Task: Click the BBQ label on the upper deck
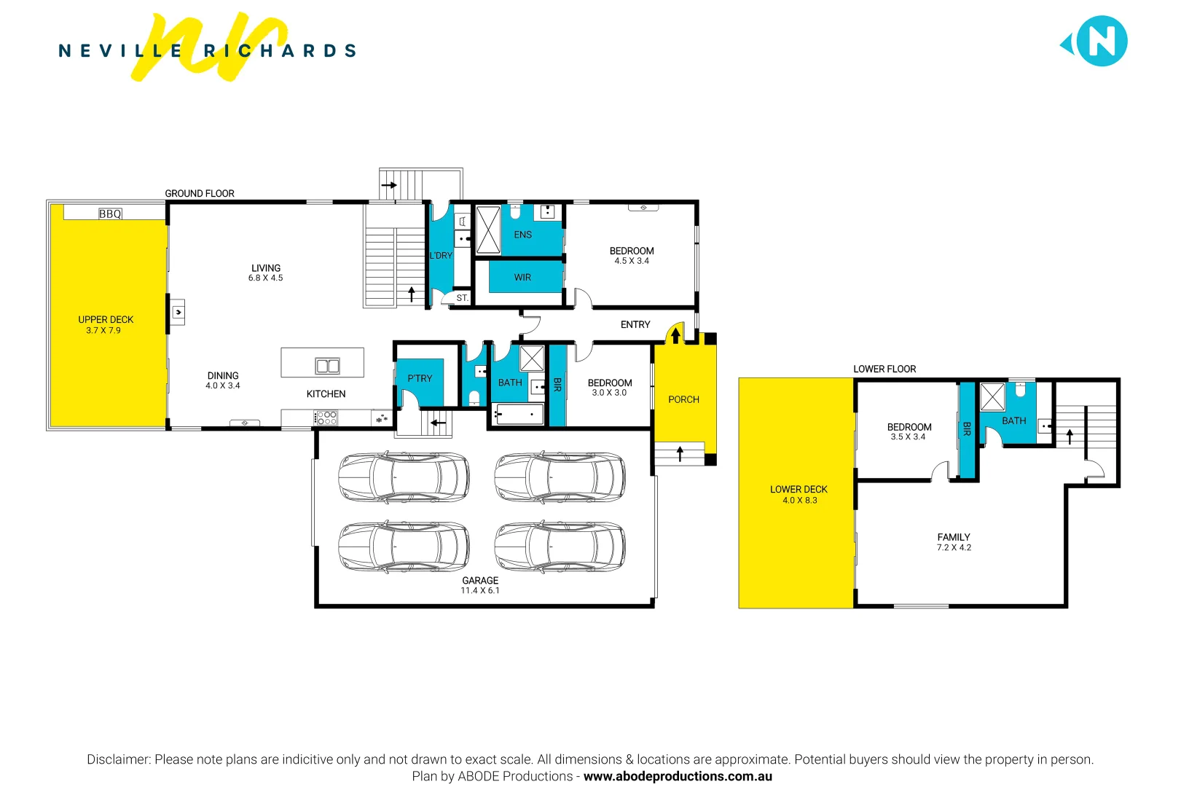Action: [110, 214]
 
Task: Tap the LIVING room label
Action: [266, 268]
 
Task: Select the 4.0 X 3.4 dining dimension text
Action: [223, 386]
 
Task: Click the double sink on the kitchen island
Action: [327, 366]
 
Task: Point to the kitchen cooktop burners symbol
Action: [326, 418]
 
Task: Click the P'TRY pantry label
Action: [420, 378]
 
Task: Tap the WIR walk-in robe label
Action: [522, 278]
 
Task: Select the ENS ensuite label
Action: [522, 235]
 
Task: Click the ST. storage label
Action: [462, 298]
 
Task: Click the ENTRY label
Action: [635, 325]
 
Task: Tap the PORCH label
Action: [683, 399]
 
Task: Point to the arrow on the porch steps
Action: [680, 453]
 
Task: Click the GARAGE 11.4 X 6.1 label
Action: [480, 585]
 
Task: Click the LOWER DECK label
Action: [799, 490]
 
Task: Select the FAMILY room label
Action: [954, 537]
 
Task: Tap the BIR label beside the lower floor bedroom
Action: [967, 429]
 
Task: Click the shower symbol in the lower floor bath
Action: [992, 397]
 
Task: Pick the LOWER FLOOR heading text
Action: [884, 369]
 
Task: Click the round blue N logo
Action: [1101, 42]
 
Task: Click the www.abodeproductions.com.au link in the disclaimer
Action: [678, 777]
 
